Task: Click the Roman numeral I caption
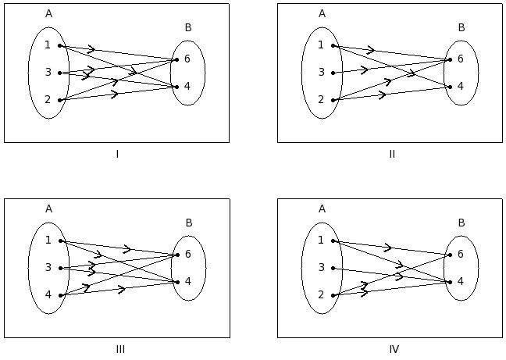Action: pyautogui.click(x=117, y=154)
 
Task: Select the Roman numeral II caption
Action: pyautogui.click(x=392, y=154)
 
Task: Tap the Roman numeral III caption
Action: pyautogui.click(x=120, y=349)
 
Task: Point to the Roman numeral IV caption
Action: pyautogui.click(x=394, y=349)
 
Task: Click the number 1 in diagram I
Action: pyautogui.click(x=48, y=45)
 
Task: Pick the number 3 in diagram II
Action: pyautogui.click(x=321, y=73)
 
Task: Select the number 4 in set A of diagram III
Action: pyautogui.click(x=48, y=295)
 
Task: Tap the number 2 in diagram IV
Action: pyautogui.click(x=321, y=295)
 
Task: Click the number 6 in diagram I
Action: pyautogui.click(x=187, y=59)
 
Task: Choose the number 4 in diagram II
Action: pyautogui.click(x=461, y=87)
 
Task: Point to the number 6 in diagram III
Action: pyautogui.click(x=187, y=255)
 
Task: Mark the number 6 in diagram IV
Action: pyautogui.click(x=461, y=255)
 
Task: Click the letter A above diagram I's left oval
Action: pyautogui.click(x=48, y=13)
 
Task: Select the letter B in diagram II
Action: pyautogui.click(x=461, y=28)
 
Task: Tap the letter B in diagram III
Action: pyautogui.click(x=188, y=223)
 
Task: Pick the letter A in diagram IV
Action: pyautogui.click(x=322, y=209)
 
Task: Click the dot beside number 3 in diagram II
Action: pyautogui.click(x=333, y=73)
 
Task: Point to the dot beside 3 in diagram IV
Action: pyautogui.click(x=333, y=269)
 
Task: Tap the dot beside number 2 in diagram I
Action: pyautogui.click(x=60, y=101)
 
